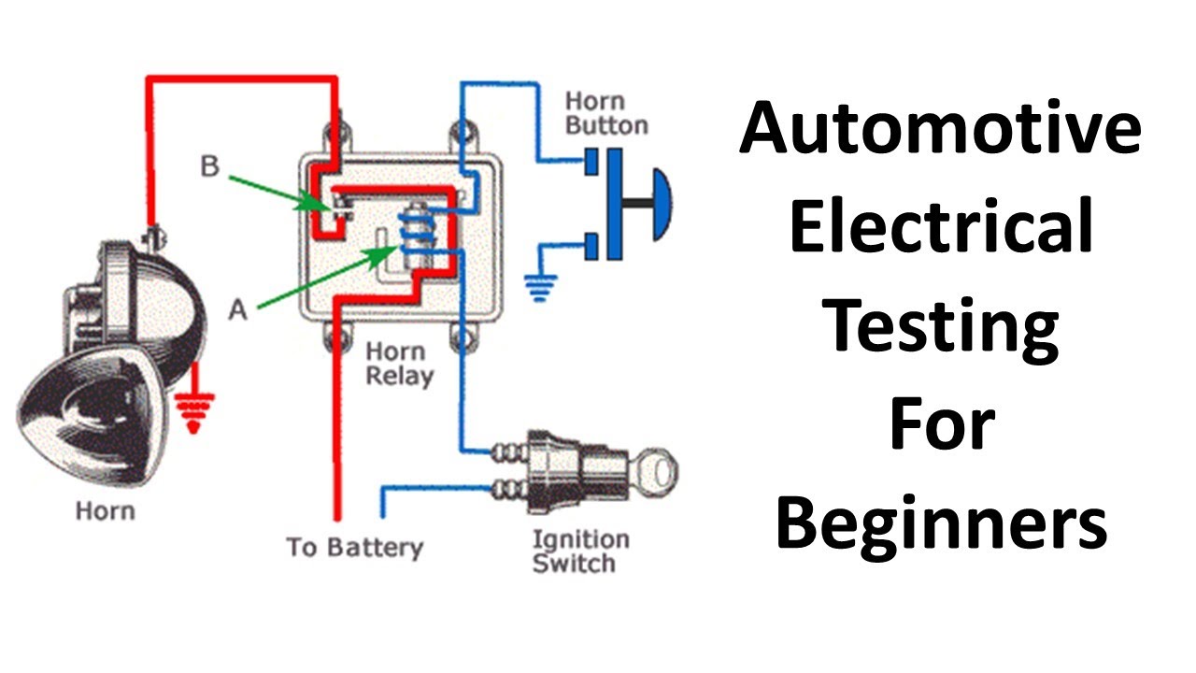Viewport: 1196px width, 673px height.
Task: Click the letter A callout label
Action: [x=238, y=309]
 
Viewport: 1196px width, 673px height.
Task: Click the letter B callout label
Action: [x=210, y=167]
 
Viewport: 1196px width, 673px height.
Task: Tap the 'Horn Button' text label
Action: [x=606, y=113]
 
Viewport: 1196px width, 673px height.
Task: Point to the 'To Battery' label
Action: [x=354, y=548]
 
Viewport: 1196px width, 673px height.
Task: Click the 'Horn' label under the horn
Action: [x=105, y=511]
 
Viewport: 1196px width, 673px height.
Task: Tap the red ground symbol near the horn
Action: [x=194, y=412]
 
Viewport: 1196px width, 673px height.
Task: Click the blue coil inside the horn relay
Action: [x=412, y=234]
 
